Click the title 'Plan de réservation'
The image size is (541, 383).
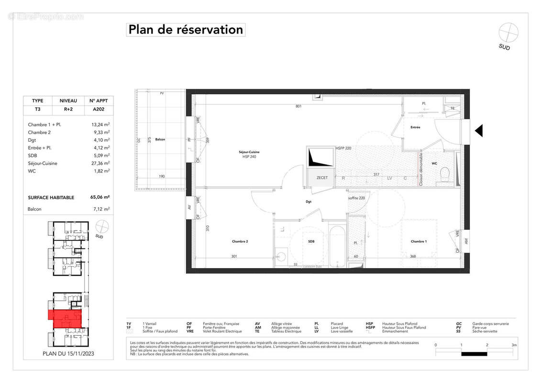pyautogui.click(x=186, y=30)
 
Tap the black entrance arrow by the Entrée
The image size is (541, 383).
pyautogui.click(x=478, y=131)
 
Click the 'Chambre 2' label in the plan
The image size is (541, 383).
pyautogui.click(x=240, y=241)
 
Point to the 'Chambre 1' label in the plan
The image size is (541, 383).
pyautogui.click(x=419, y=241)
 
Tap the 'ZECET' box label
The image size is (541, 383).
pyautogui.click(x=322, y=178)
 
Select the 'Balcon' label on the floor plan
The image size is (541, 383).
pyautogui.click(x=160, y=139)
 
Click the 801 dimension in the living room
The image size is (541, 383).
pyautogui.click(x=298, y=106)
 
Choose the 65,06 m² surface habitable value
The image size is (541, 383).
pyautogui.click(x=100, y=197)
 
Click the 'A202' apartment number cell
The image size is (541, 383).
pyautogui.click(x=99, y=109)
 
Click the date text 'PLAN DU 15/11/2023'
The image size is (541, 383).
pyautogui.click(x=68, y=354)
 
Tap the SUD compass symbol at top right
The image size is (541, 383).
pyautogui.click(x=508, y=33)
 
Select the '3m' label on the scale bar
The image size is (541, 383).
pyautogui.click(x=514, y=345)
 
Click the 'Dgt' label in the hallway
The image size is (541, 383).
pyautogui.click(x=309, y=202)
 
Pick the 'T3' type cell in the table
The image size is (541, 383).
pyautogui.click(x=37, y=109)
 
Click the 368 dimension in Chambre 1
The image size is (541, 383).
pyautogui.click(x=412, y=256)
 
